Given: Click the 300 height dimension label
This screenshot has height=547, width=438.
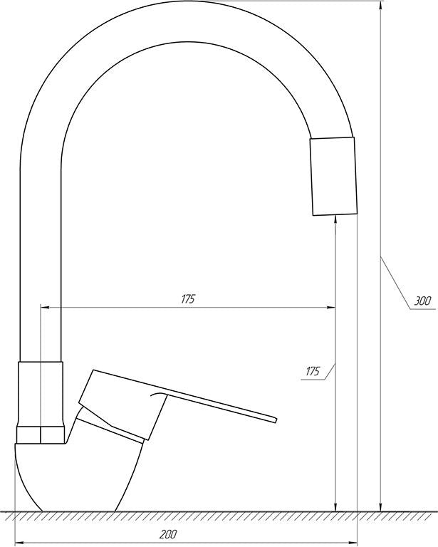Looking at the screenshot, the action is [422, 301].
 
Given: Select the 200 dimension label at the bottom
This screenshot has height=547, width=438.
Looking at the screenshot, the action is [169, 534].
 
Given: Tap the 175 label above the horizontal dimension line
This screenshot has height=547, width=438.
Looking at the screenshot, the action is [188, 299].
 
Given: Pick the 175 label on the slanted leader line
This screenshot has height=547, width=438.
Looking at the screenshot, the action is [313, 371].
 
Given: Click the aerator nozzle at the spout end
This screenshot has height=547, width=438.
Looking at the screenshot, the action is [334, 176].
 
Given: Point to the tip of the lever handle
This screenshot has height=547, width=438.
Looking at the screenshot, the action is [276, 420].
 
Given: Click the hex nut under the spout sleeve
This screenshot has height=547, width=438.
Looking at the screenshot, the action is [41, 434].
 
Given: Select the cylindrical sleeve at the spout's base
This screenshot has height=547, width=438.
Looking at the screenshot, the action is [41, 394].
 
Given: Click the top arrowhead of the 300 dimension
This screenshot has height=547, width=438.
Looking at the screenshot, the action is [380, 5].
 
